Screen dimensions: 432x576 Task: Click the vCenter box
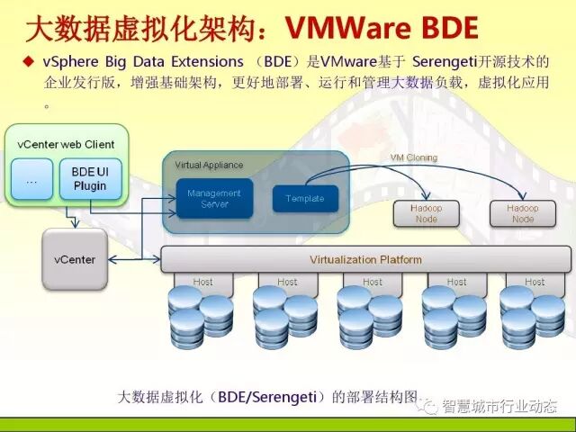(75, 259)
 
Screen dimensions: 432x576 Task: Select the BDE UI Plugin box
(89, 179)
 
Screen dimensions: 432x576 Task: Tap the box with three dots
(31, 179)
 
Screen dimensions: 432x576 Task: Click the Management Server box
(214, 198)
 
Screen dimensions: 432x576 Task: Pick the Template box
(304, 199)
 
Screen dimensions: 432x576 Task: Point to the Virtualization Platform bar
(365, 259)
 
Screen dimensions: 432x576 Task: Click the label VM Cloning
(413, 157)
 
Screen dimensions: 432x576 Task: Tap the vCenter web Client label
(67, 144)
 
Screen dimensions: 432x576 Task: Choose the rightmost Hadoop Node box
(522, 213)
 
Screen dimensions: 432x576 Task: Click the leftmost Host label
(202, 282)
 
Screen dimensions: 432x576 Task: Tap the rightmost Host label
(535, 282)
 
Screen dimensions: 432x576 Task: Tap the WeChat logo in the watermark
(432, 407)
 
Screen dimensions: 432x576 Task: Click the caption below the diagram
(269, 396)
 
